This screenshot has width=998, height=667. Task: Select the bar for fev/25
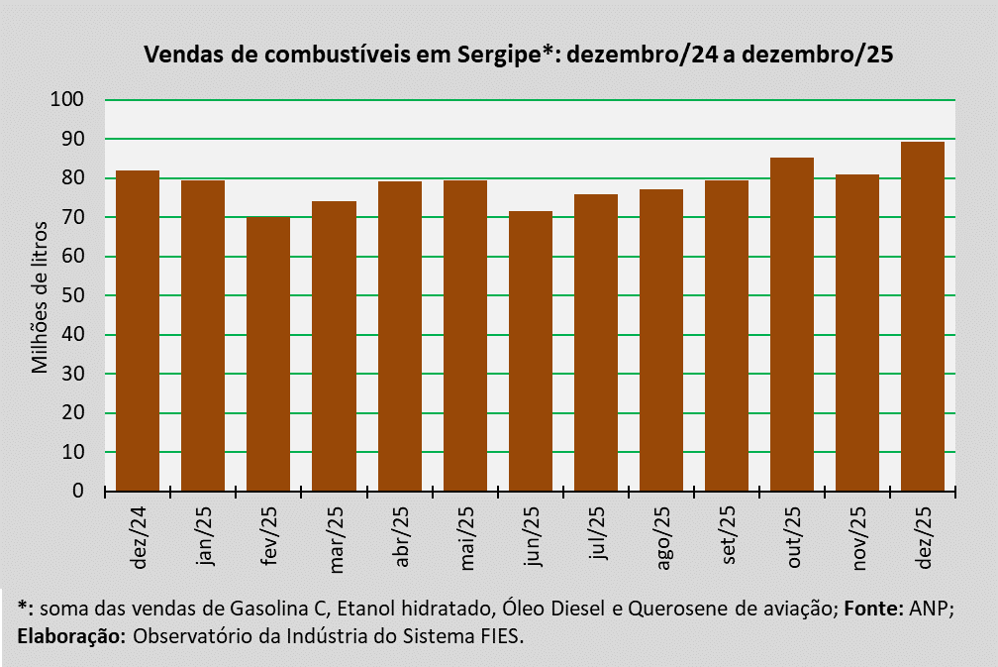coord(268,354)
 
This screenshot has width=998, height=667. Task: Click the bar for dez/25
coord(924,316)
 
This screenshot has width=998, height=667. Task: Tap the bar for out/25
coord(792,324)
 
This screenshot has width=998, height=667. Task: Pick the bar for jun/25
coord(531,351)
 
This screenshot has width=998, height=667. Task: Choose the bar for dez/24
coord(138,331)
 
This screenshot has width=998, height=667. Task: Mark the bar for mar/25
coord(334,346)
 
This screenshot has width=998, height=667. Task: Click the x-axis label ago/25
coord(662,539)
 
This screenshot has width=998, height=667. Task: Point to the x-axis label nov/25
coord(858,539)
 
